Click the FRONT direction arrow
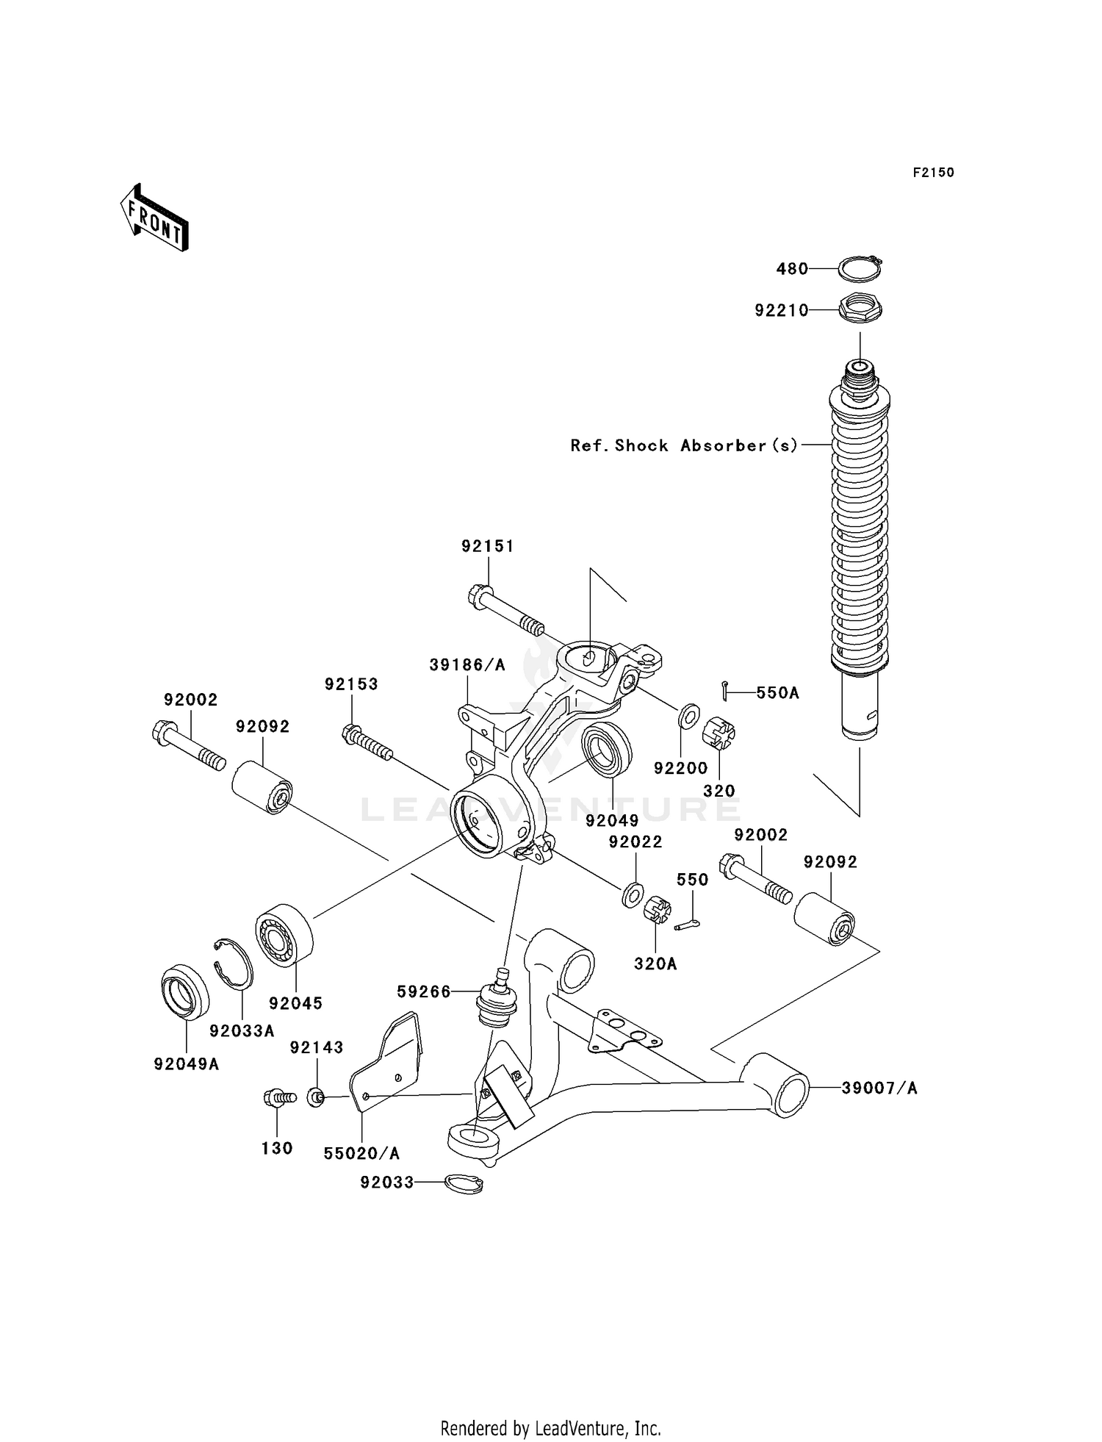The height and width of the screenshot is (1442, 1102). click(x=154, y=218)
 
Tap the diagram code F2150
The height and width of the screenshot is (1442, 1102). click(x=933, y=173)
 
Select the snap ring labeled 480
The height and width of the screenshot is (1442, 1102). click(x=860, y=270)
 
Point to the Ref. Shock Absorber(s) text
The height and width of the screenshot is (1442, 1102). click(x=684, y=445)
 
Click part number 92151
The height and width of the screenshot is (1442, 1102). click(x=488, y=546)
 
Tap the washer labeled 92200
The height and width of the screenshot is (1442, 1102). click(x=688, y=715)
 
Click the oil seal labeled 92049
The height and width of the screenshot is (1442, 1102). click(x=607, y=750)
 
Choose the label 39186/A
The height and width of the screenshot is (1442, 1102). click(x=467, y=665)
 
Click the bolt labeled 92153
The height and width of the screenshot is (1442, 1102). click(x=367, y=742)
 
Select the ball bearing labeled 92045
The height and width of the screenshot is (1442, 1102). click(x=284, y=932)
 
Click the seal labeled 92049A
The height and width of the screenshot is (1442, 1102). click(x=184, y=994)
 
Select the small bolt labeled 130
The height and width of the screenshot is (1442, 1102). click(x=278, y=1098)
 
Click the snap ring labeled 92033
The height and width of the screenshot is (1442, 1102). click(x=465, y=1183)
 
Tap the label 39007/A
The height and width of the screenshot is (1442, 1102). click(x=879, y=1088)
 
